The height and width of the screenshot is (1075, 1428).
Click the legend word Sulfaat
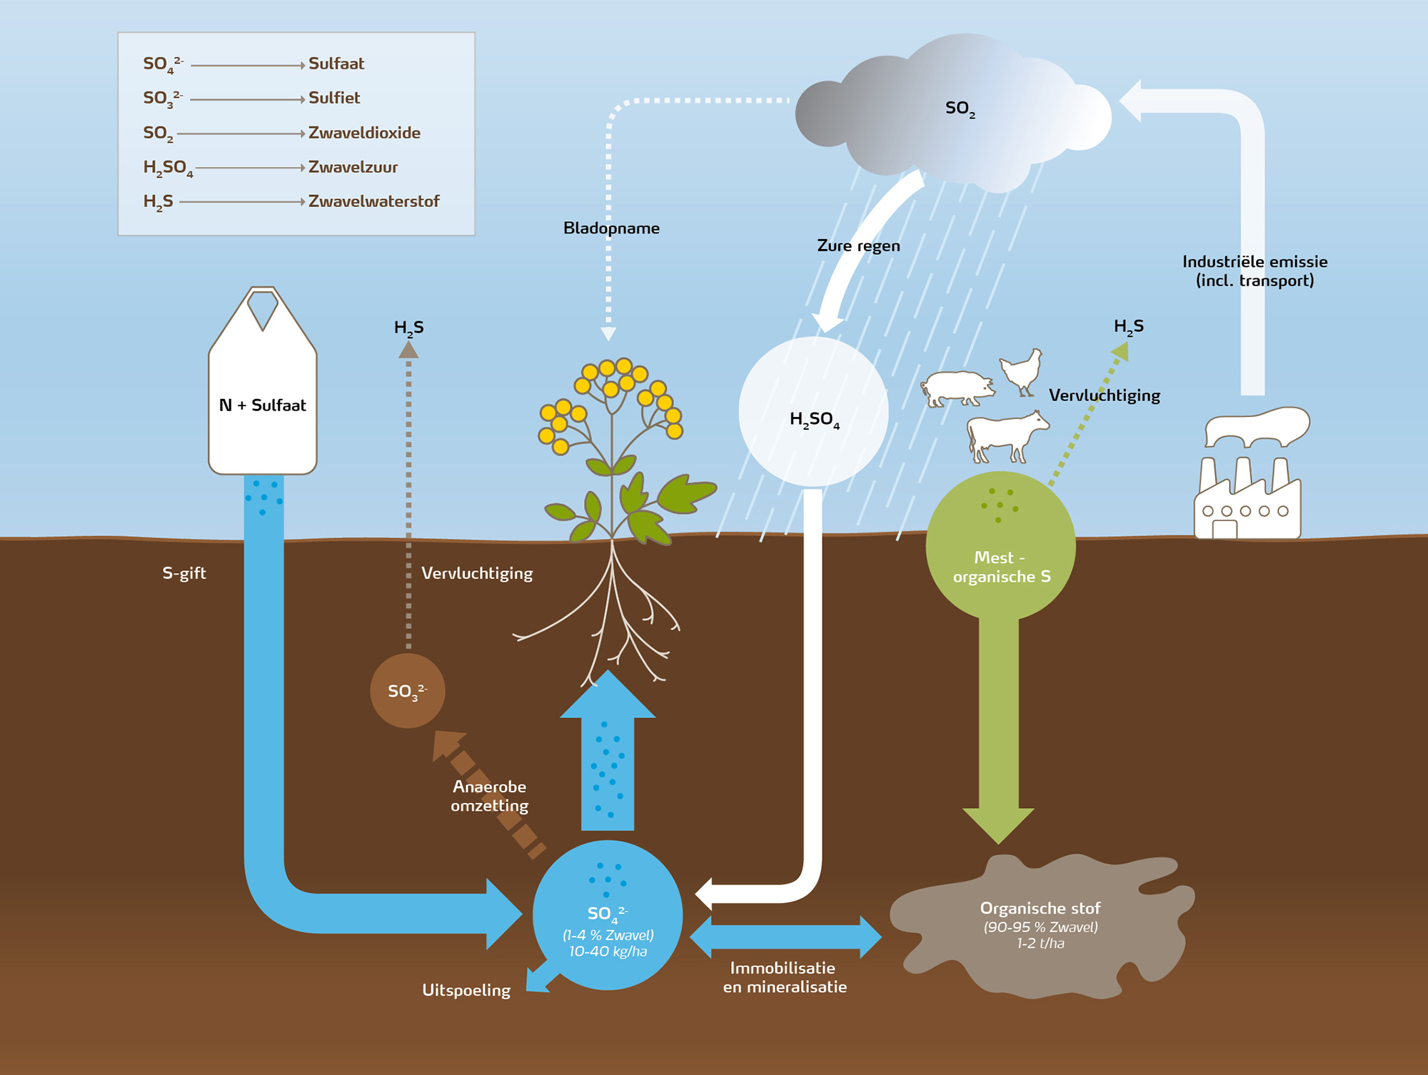pos(336,64)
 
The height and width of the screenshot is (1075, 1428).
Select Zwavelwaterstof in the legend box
pos(373,201)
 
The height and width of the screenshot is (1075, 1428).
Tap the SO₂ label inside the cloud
pos(960,108)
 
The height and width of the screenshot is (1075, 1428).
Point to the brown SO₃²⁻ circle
pos(408,691)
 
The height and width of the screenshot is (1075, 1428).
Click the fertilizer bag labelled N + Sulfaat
pos(263,400)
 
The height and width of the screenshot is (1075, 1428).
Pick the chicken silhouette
pos(1022,370)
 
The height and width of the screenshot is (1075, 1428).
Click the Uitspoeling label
pos(466,990)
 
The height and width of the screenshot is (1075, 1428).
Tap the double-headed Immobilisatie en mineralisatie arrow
pos(785,937)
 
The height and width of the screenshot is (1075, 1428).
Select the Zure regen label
pos(858,246)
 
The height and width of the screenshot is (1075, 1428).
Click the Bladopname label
pos(611,228)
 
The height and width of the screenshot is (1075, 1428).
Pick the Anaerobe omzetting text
pos(490,796)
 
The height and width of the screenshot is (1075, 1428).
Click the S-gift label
pos(184,573)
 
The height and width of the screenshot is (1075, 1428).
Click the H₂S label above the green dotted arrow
pos(1128,327)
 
